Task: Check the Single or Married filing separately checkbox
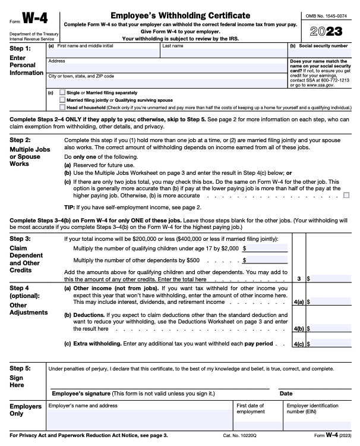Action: pos(63,93)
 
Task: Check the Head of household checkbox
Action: pos(63,108)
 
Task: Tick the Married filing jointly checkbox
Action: pos(63,100)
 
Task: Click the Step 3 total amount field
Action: pos(330,278)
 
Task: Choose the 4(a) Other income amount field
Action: pos(330,301)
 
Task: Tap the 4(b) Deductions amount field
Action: pos(330,328)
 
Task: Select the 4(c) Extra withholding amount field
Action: pos(330,343)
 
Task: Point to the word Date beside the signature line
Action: pos(286,394)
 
